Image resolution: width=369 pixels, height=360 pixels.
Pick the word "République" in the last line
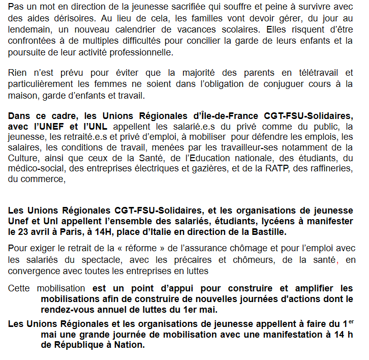pyautogui.click(x=77, y=344)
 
